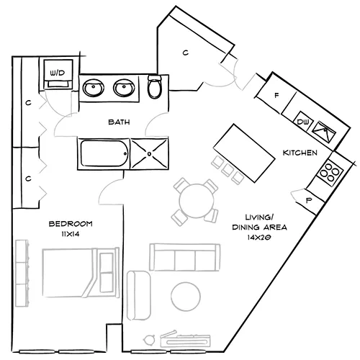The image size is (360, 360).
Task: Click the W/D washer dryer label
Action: coord(58,73)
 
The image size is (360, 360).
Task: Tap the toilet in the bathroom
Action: coord(155,88)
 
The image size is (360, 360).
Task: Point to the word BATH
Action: coord(119,122)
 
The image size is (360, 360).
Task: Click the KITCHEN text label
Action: coord(300,153)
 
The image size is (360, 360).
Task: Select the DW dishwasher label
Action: coord(303,122)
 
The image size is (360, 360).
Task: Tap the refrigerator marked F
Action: coord(277,95)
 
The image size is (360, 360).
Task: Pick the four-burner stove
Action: coord(328,171)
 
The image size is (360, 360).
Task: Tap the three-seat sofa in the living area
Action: coord(184,256)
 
